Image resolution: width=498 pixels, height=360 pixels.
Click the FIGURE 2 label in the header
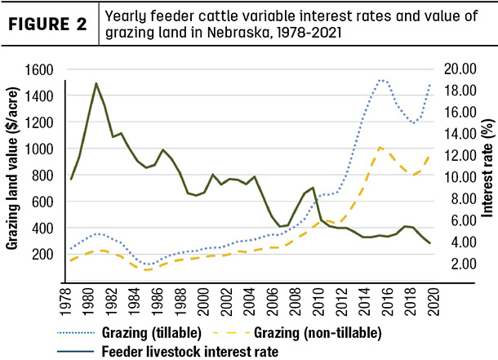click(x=47, y=24)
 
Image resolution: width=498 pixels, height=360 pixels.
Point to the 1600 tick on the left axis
click(x=39, y=70)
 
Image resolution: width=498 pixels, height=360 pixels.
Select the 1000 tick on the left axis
click(x=39, y=149)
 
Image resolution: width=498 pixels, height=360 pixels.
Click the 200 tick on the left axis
click(x=42, y=255)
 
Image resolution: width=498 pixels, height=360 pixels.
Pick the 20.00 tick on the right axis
click(x=460, y=69)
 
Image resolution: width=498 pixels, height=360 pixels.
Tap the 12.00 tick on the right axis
click(x=460, y=156)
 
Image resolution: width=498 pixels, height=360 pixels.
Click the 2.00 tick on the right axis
click(x=464, y=264)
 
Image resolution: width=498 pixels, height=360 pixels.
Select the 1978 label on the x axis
click(x=65, y=302)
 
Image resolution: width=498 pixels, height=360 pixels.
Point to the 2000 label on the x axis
click(x=203, y=302)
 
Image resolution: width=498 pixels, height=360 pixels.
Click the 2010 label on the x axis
click(x=318, y=302)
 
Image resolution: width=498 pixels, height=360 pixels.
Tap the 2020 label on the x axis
click(x=434, y=302)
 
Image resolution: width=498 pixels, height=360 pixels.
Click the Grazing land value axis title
click(x=12, y=168)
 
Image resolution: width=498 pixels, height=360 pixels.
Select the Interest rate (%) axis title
click(x=487, y=168)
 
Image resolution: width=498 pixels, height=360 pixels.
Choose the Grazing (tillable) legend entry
click(x=129, y=333)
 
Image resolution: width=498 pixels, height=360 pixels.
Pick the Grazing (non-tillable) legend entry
click(x=298, y=333)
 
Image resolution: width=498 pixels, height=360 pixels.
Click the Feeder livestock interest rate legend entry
click(x=168, y=352)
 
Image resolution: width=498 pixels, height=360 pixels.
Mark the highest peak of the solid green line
click(x=96, y=83)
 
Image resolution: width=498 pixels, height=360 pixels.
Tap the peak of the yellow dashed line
click(x=380, y=147)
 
